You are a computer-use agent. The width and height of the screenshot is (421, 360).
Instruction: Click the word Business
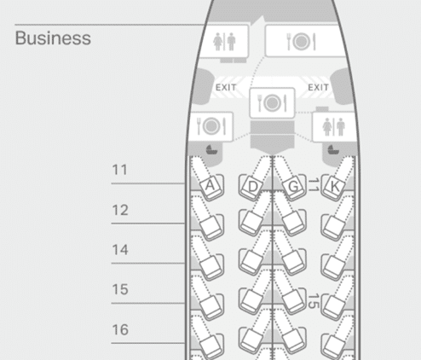pos(53,38)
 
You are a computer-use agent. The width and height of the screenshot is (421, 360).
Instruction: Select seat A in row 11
pos(210,186)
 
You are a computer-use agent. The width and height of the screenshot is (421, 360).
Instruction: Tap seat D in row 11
pos(251,187)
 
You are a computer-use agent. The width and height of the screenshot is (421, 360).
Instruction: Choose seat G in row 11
pos(293,187)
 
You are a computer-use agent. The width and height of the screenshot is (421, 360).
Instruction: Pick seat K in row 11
pos(335,187)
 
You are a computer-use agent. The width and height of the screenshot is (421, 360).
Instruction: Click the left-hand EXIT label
pos(226,88)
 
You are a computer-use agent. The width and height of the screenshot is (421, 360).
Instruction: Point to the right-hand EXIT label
pos(319,87)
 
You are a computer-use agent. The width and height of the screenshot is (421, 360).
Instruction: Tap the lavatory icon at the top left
pos(224,42)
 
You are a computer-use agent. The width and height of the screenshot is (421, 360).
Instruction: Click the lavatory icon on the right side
pos(333,127)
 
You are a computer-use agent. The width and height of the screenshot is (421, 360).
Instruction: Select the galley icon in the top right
pos(302,42)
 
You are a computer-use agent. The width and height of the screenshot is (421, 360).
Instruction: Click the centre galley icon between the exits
pos(272,102)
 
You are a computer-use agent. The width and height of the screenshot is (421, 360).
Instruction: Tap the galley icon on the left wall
pos(211,126)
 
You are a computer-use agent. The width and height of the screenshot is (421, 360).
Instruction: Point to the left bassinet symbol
pos(211,149)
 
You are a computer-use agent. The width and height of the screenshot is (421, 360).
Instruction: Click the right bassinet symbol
pos(333,149)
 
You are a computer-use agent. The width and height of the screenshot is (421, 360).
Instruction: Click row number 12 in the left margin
pos(120,211)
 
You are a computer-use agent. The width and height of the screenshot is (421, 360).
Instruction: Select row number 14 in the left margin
pos(120,250)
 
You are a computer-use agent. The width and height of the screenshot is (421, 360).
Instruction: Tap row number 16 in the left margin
pos(120,330)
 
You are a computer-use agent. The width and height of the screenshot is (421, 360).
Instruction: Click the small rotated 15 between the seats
pos(313,301)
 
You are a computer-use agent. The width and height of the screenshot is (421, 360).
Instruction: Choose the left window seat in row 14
pos(210,267)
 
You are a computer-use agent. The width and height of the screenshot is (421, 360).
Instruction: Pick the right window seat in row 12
pos(335,227)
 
